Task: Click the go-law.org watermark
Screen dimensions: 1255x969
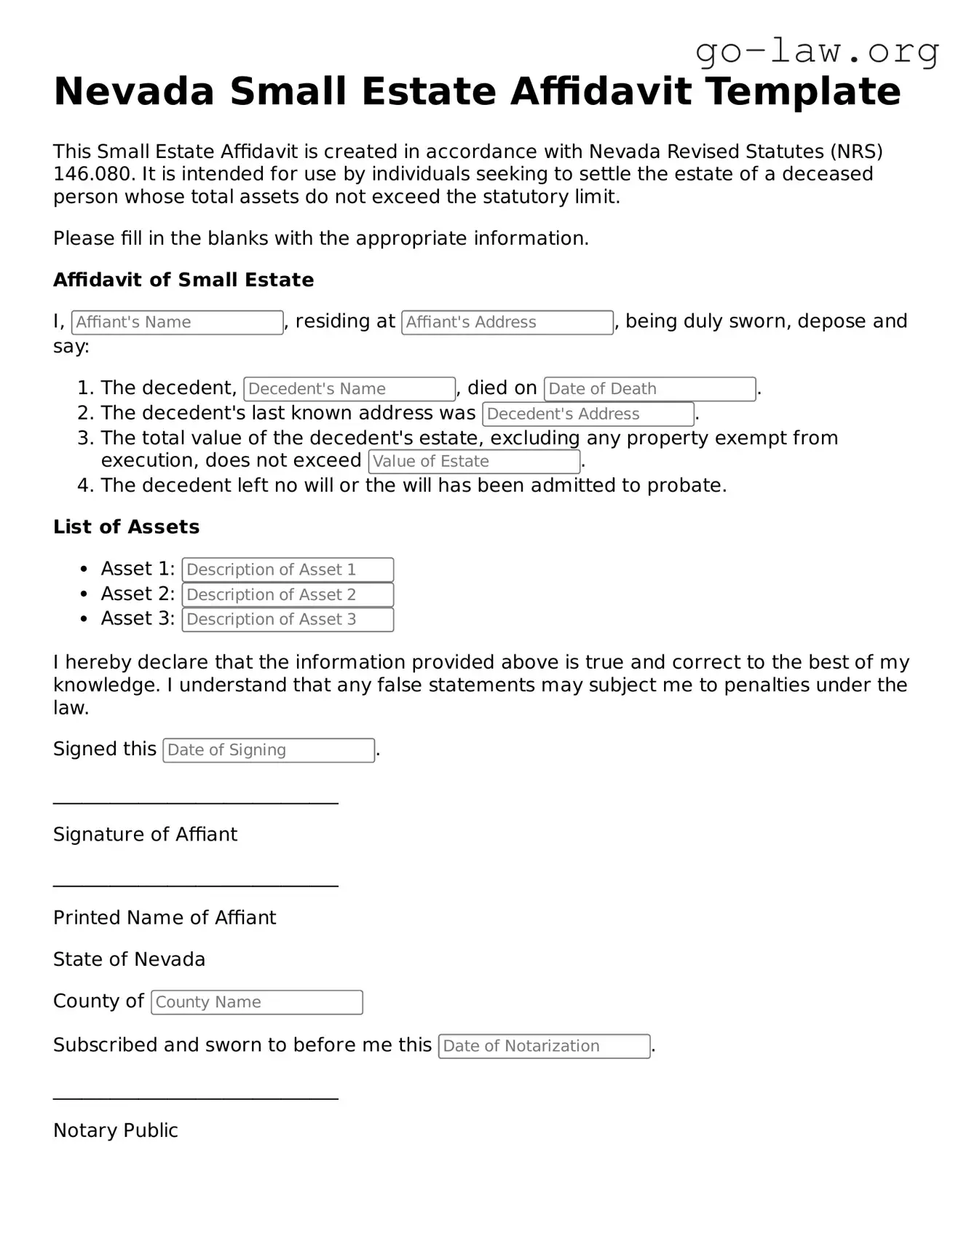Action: (x=817, y=52)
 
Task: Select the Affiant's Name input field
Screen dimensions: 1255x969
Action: (x=177, y=323)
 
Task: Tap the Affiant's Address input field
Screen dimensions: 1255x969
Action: (x=507, y=323)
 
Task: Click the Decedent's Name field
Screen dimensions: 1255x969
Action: (x=349, y=389)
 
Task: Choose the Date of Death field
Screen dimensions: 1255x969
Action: (x=649, y=389)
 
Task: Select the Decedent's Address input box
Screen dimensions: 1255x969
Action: (x=588, y=414)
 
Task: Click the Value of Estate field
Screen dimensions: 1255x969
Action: (x=474, y=462)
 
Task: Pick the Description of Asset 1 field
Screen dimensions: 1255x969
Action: (x=288, y=570)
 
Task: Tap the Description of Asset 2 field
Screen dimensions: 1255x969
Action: (x=288, y=595)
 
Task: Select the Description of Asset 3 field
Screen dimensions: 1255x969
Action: (x=288, y=620)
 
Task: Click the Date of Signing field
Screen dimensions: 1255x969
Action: (x=269, y=750)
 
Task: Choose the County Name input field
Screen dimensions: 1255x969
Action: (x=256, y=1002)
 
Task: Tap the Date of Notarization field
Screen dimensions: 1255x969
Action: (x=544, y=1046)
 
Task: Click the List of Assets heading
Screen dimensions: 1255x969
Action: (x=126, y=527)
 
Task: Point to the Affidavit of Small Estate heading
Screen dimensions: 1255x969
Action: (x=183, y=280)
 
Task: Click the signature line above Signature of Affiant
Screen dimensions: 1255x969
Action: (x=195, y=803)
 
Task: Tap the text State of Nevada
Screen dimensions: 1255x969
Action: (x=129, y=960)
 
